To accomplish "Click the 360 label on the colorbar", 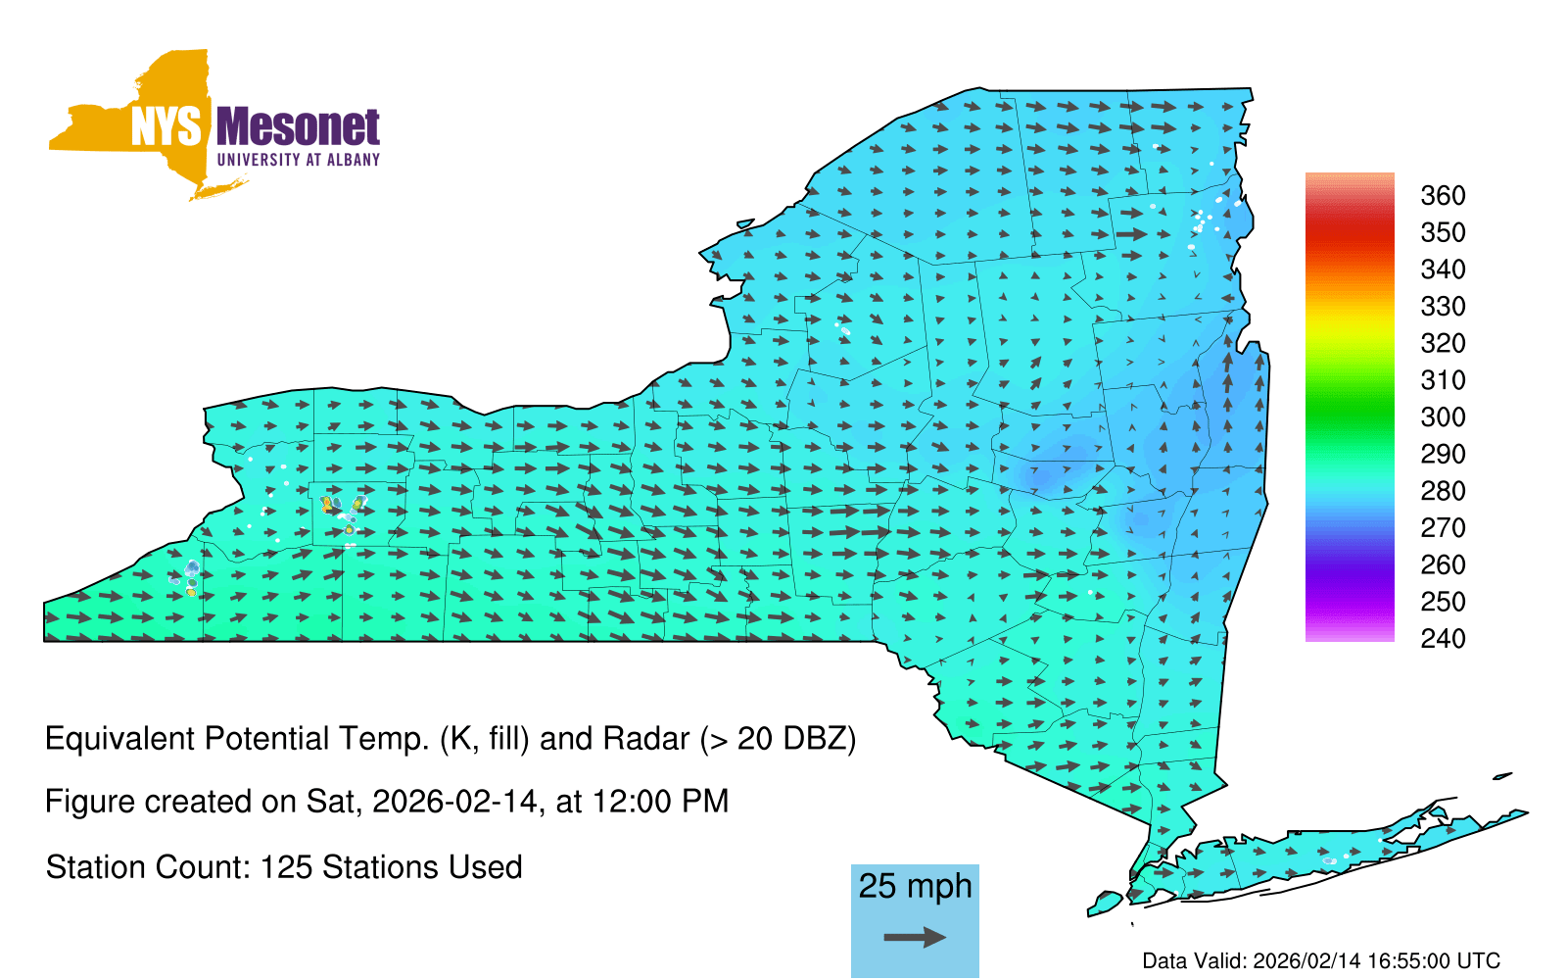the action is pos(1443,195).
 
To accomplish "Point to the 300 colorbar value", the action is pos(1443,417).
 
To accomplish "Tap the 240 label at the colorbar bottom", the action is pos(1443,638).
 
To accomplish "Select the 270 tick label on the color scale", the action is pos(1443,528).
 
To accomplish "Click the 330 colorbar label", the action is pos(1443,307).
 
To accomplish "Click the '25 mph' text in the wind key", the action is pos(915,887).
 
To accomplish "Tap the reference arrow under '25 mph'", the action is pos(915,937).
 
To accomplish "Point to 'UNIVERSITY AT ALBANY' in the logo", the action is pos(299,160).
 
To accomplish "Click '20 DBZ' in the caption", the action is pos(789,739).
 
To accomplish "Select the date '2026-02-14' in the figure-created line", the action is pos(454,802).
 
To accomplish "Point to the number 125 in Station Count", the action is pos(285,867).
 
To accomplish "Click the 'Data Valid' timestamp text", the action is pos(1321,960).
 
